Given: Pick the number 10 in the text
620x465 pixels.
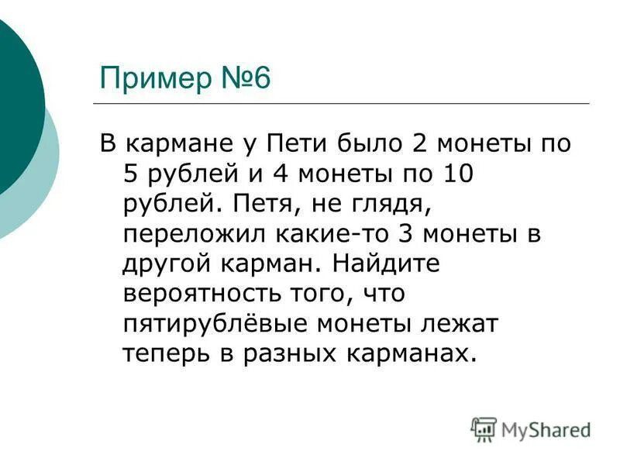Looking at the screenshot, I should pyautogui.click(x=454, y=175).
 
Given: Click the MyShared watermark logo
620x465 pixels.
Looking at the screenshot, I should pyautogui.click(x=531, y=430).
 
